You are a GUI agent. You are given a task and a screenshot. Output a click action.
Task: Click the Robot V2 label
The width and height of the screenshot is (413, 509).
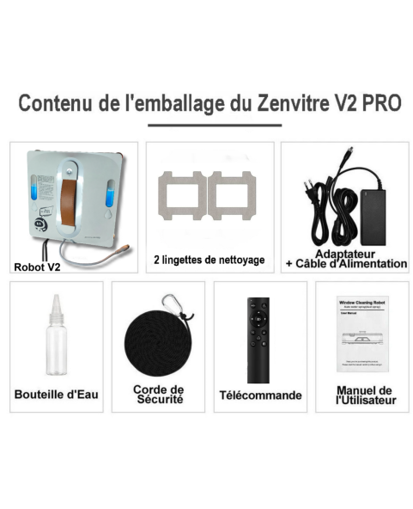coord(37,267)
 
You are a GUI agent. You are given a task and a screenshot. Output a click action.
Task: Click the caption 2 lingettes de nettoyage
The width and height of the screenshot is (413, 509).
coord(209,260)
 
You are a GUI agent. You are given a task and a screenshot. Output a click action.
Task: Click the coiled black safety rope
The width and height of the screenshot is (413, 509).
coord(158,342)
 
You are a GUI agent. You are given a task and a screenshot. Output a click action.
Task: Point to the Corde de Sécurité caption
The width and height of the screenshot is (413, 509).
coord(158,395)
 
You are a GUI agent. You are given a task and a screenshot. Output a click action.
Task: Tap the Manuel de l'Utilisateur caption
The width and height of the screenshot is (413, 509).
coord(362,396)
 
